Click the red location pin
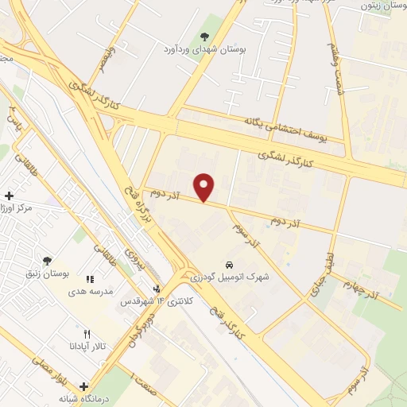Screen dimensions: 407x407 (205, 187)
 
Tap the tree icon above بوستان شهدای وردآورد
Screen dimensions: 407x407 (205, 36)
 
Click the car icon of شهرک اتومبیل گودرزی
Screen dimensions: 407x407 (229, 264)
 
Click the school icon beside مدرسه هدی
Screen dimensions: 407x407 (90, 280)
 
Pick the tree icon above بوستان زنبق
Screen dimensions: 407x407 (48, 261)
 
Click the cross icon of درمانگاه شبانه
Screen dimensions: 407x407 (83, 386)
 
